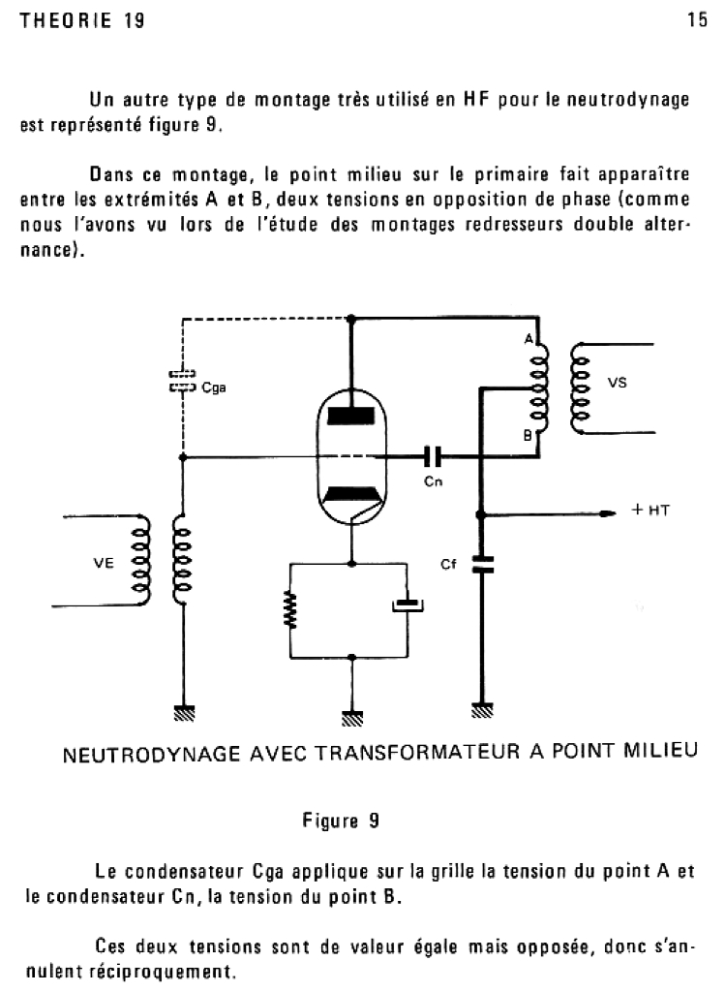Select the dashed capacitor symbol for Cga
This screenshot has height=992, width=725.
(182, 380)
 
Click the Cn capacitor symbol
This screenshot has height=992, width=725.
(434, 454)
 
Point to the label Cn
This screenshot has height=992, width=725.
(434, 480)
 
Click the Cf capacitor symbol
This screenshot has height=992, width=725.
(480, 564)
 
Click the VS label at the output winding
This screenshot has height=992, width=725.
(618, 383)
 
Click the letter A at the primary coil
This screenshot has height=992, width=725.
(529, 339)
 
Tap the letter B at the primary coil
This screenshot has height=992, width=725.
(529, 435)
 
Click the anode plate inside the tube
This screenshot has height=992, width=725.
(351, 415)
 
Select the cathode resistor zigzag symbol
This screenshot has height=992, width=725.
(288, 611)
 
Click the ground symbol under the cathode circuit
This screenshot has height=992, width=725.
(351, 718)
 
